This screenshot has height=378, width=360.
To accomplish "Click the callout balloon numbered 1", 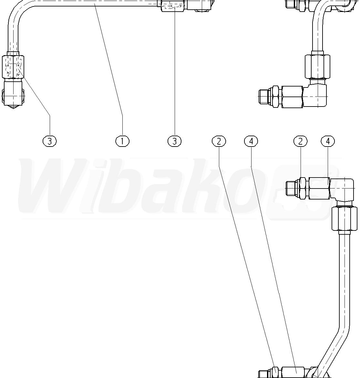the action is click(122, 141).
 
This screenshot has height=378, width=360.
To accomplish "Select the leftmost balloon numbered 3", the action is click(50, 141).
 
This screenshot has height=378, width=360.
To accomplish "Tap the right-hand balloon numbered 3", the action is click(175, 141).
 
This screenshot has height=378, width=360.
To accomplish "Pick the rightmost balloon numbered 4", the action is click(328, 141).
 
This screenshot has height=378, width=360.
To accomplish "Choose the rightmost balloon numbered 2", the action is click(300, 141).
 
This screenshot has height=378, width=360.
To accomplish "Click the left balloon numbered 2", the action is click(219, 141).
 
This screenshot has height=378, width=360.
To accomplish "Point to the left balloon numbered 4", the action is click(251, 141).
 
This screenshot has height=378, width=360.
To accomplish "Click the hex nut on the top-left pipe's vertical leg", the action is click(13, 67).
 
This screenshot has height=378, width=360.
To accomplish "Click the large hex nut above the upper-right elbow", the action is click(317, 66).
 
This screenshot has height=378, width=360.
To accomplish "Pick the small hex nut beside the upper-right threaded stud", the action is click(276, 96).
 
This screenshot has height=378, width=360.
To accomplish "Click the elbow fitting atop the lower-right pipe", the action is click(343, 189).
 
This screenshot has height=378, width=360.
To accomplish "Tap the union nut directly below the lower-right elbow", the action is click(344, 219).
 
